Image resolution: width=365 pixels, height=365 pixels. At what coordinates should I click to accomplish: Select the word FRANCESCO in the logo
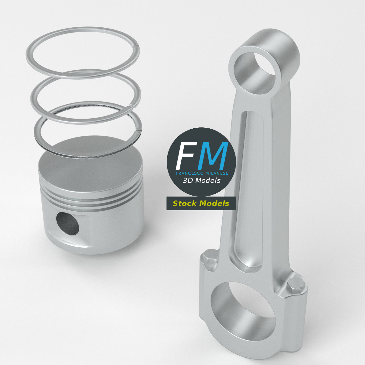click(x=189, y=173)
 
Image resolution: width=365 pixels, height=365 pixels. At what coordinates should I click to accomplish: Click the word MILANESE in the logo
click(x=217, y=173)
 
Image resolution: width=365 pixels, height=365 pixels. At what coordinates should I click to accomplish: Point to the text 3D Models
click(x=202, y=180)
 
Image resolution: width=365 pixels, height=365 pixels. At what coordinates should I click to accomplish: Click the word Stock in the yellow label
click(x=185, y=203)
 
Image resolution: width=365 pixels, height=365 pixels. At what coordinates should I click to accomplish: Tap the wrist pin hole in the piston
click(x=68, y=223)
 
